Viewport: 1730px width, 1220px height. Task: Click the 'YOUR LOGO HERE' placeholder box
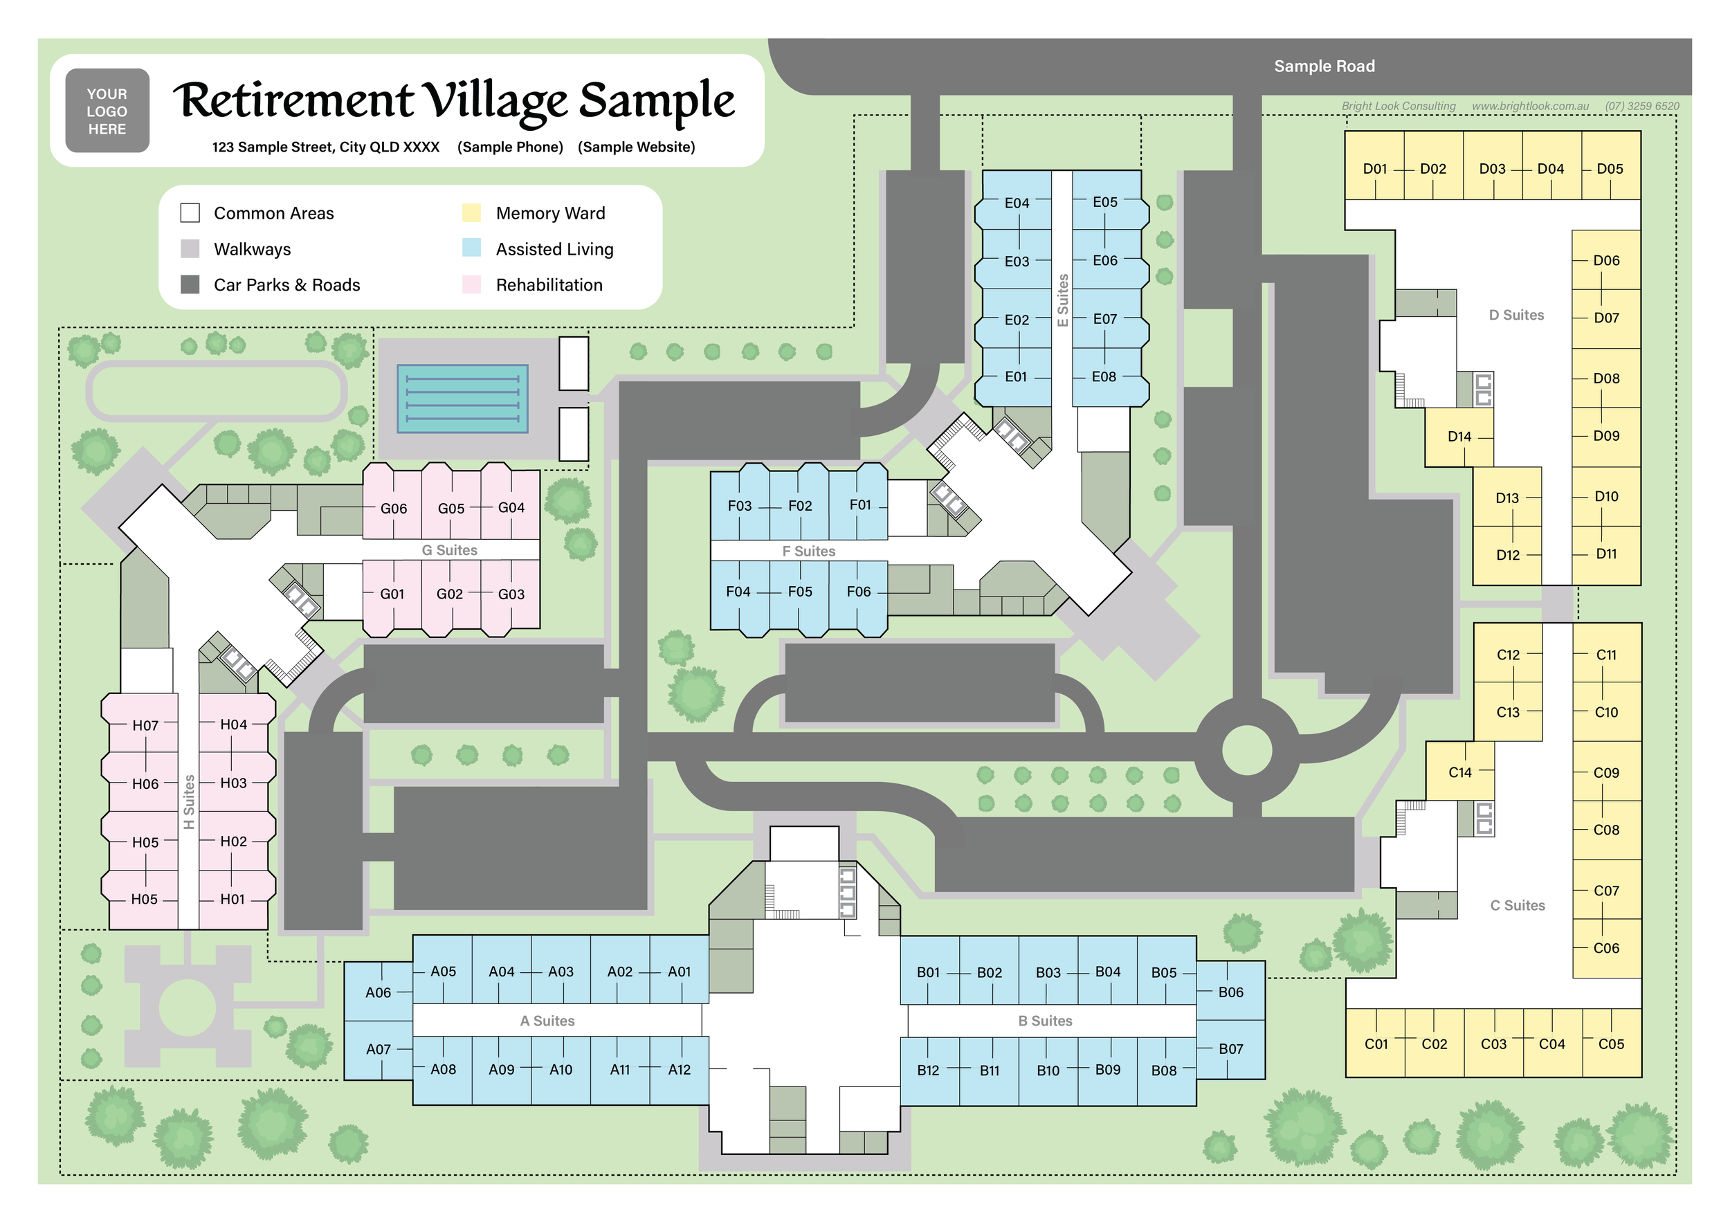tap(107, 111)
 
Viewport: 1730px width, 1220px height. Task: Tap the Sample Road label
tap(1324, 66)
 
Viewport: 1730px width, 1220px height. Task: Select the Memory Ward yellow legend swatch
tap(472, 213)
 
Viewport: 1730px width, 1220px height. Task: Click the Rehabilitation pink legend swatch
tap(472, 285)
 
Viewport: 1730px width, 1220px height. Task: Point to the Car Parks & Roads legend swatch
tap(190, 285)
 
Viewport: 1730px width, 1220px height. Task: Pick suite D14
tap(1459, 437)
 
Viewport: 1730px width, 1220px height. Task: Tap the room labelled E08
tap(1104, 376)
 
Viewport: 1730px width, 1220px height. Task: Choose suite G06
tap(393, 509)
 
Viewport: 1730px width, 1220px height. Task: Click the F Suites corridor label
tap(808, 552)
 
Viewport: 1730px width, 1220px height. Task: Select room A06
tap(379, 993)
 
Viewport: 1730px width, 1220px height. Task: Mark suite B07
tap(1230, 1049)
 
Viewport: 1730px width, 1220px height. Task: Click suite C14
tap(1460, 772)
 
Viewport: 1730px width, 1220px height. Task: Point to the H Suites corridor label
tap(189, 802)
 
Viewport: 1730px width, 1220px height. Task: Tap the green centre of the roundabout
tap(1247, 751)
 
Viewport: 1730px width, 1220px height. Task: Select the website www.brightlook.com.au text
tap(1530, 107)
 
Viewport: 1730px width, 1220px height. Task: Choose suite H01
tap(233, 899)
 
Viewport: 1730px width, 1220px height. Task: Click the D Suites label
tap(1516, 315)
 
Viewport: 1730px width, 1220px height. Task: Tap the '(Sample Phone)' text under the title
tap(510, 147)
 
